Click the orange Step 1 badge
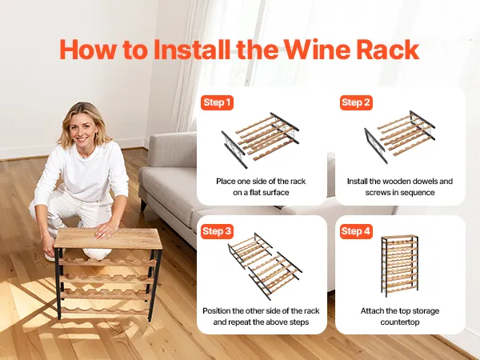click(x=217, y=102)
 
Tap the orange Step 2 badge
click(x=356, y=102)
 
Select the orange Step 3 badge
click(x=217, y=231)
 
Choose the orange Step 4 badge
click(x=356, y=231)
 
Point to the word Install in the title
click(x=192, y=50)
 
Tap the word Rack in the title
click(x=388, y=50)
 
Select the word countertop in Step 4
click(x=400, y=322)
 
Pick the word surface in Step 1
click(x=276, y=193)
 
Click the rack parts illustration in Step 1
click(x=260, y=140)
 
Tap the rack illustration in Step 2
click(x=399, y=137)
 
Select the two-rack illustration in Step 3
click(x=265, y=266)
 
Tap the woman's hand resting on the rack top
click(x=106, y=230)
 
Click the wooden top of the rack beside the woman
click(x=108, y=238)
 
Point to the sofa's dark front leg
click(x=143, y=206)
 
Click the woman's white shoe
click(x=49, y=257)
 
